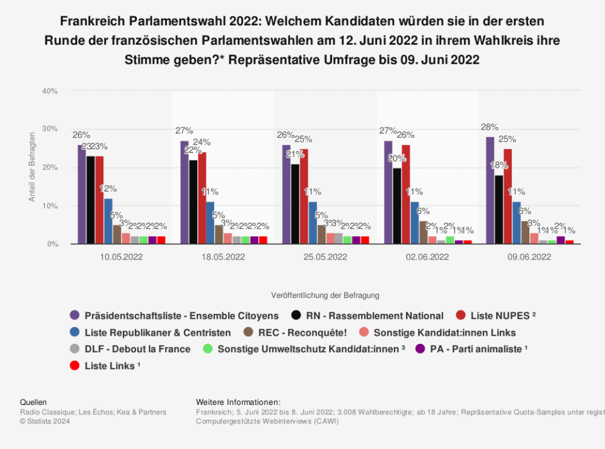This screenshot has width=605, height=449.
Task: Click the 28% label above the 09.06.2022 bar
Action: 490,127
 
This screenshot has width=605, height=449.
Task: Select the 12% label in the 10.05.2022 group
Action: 108,188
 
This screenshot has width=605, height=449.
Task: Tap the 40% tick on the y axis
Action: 50,91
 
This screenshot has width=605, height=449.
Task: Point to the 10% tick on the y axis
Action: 50,206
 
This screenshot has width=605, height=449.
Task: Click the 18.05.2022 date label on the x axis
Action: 224,257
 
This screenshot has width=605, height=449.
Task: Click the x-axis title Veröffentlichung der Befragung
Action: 325,295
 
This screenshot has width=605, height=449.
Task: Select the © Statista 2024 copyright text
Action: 45,421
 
